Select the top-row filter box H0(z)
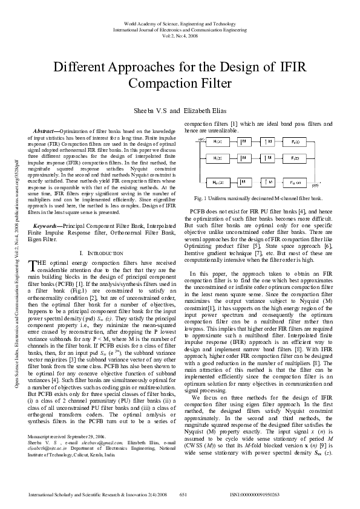tap(218, 141)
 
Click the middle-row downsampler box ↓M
tap(244, 158)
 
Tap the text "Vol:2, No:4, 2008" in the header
tap(180, 36)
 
